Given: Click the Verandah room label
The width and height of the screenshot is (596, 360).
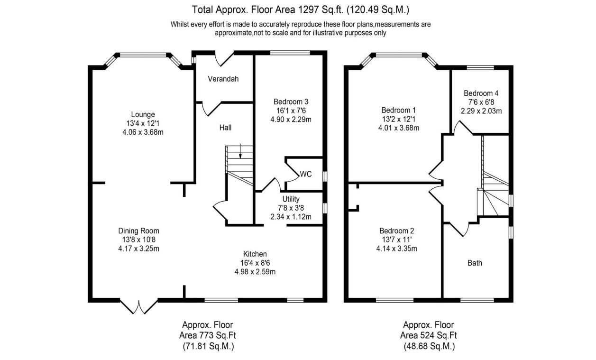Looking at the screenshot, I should point(223,79).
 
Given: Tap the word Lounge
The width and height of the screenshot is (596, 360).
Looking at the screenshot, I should point(143,114).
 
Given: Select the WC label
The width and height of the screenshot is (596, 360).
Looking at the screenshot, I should point(305,174).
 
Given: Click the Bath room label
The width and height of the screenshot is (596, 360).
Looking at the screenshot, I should point(475,262).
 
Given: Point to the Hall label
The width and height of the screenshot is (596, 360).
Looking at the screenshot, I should point(225,128).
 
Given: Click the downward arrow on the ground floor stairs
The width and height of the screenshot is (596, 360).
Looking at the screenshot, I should point(240,151).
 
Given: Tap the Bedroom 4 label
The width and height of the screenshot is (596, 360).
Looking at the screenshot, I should point(481,93).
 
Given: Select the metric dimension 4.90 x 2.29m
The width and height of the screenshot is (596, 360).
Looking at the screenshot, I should point(291,119).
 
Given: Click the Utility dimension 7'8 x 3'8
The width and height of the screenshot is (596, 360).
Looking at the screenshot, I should point(291,208).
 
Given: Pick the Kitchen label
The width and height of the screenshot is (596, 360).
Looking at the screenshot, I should point(255,254).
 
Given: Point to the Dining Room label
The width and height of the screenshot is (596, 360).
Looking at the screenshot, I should point(138,231).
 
